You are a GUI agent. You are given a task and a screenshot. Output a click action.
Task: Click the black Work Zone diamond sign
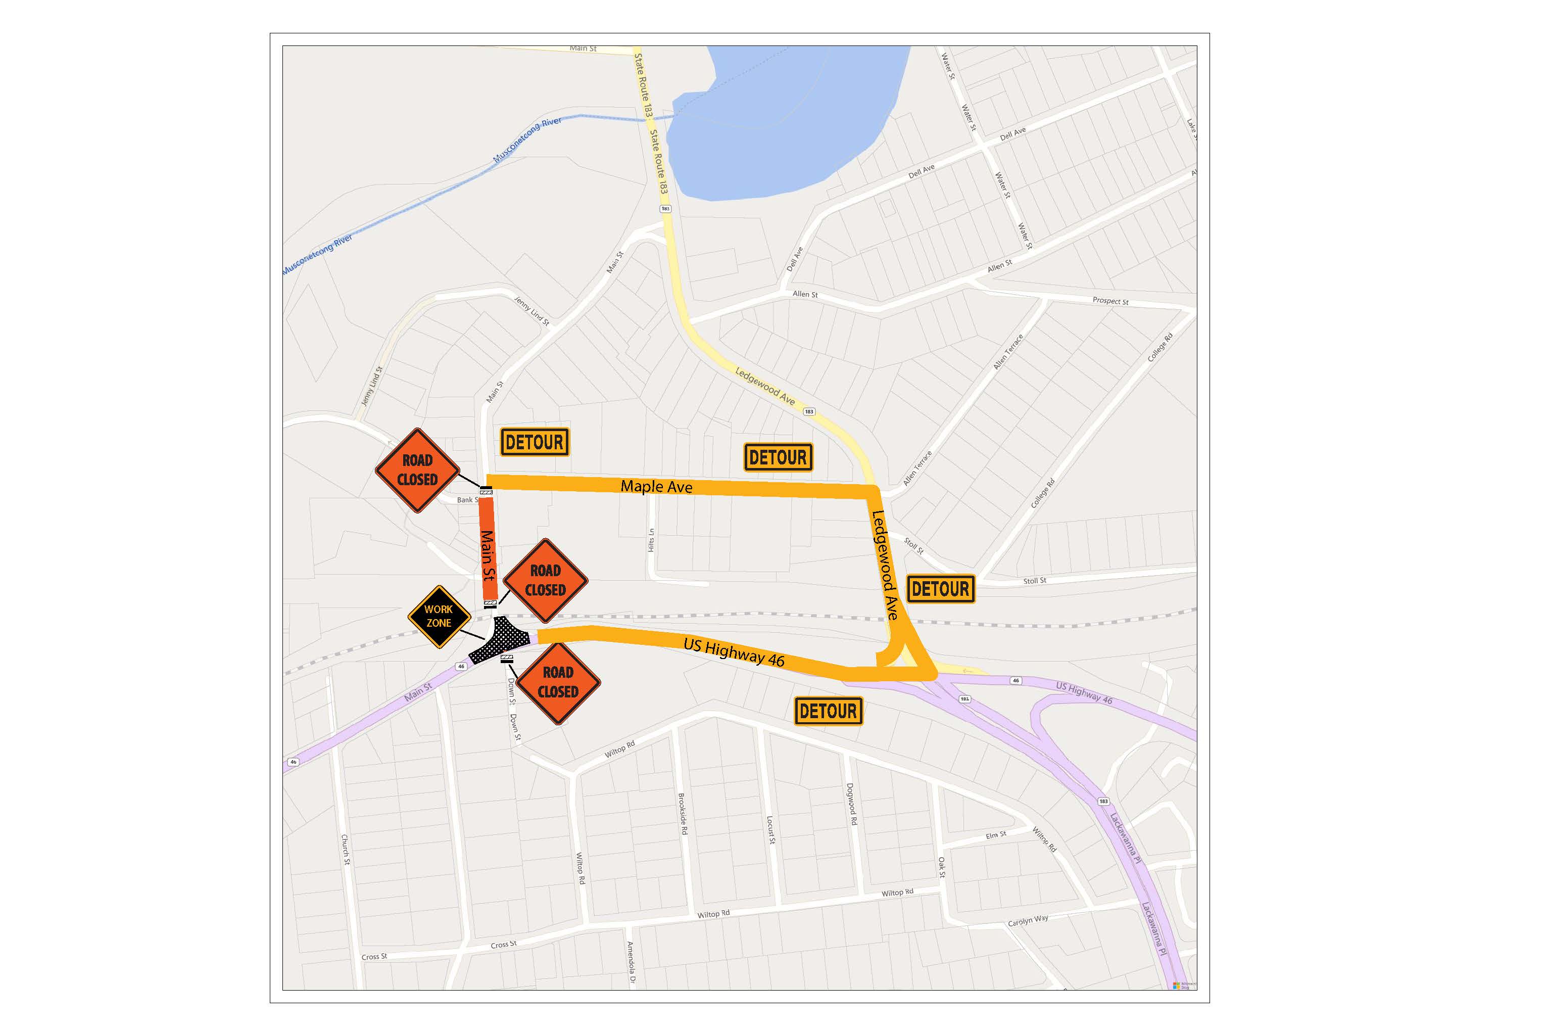coord(439,617)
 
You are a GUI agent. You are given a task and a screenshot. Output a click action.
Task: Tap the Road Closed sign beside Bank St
coord(417,470)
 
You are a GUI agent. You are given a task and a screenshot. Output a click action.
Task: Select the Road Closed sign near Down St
coord(558,682)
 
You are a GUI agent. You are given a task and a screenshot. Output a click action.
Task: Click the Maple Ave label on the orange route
coord(656,487)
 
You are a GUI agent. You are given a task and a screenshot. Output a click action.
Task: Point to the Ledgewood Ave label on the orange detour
coord(885,565)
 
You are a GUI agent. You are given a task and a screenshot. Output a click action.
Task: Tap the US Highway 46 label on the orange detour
coord(734,652)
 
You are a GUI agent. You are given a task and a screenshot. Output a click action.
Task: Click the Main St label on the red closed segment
coord(488,555)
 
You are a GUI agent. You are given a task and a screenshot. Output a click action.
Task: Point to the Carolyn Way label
coord(1028,920)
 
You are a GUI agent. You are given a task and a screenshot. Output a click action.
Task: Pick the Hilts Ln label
coord(651,540)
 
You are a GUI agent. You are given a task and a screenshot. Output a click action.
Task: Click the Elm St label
coord(996,835)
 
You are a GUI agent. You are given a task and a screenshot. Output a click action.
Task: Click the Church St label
coord(345,850)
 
